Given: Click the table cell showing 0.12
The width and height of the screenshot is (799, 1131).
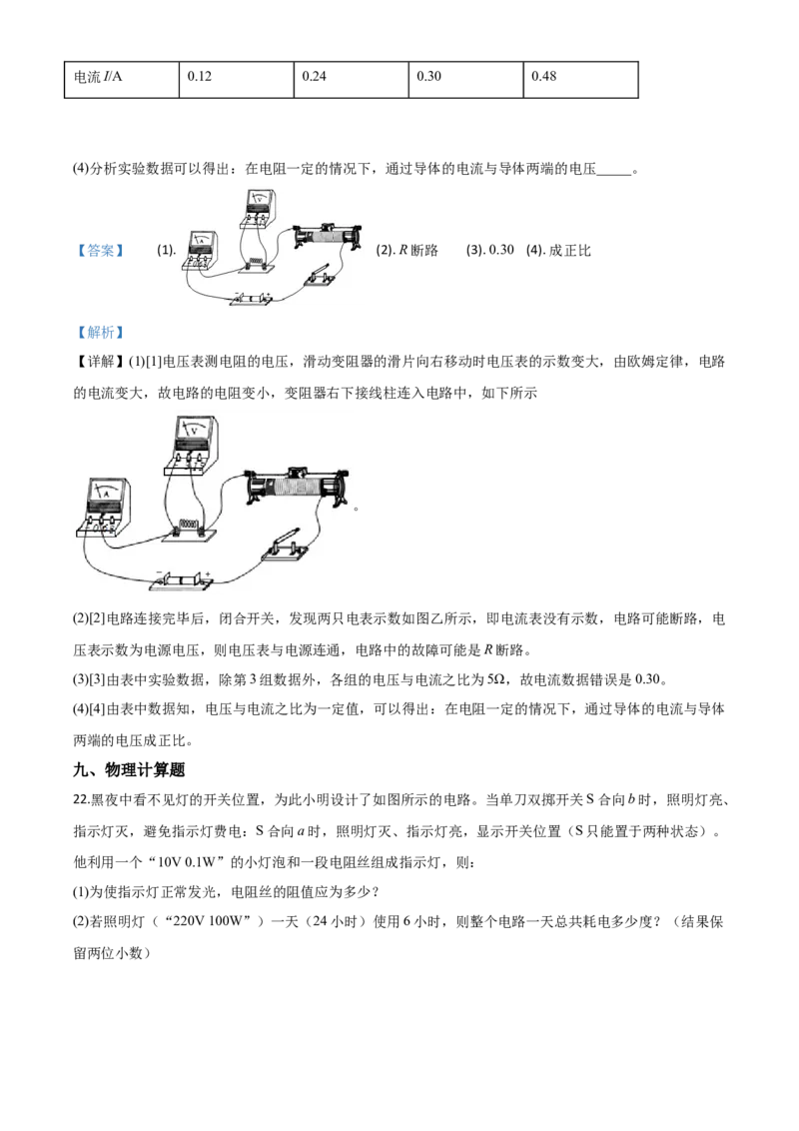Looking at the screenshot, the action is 236,79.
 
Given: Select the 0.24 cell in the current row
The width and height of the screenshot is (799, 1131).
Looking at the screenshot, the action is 351,79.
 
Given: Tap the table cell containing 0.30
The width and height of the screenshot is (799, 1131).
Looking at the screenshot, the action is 465,79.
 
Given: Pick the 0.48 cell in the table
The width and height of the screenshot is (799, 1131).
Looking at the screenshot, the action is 580,79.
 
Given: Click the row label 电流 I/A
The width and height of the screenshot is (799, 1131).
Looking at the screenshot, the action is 98,77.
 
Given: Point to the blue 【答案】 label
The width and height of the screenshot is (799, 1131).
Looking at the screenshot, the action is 100,251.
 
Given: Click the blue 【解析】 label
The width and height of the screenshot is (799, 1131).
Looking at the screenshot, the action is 100,333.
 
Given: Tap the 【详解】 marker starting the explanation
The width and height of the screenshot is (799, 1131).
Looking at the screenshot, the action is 100,362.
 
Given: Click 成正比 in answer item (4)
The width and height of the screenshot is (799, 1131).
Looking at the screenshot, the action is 569,251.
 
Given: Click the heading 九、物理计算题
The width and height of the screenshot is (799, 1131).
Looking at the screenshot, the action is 129,769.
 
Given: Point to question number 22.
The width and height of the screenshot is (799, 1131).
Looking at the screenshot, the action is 81,800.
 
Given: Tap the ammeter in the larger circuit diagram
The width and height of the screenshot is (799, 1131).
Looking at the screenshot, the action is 104,508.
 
